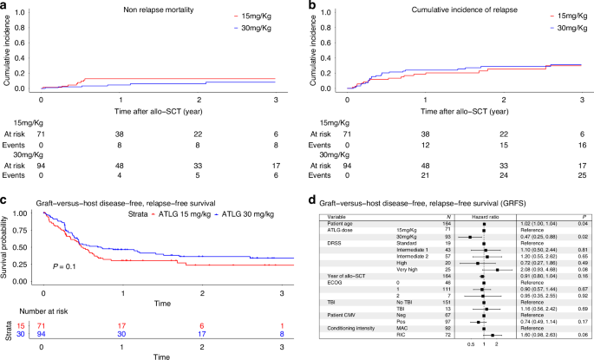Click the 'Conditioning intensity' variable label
coord(347,328)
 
